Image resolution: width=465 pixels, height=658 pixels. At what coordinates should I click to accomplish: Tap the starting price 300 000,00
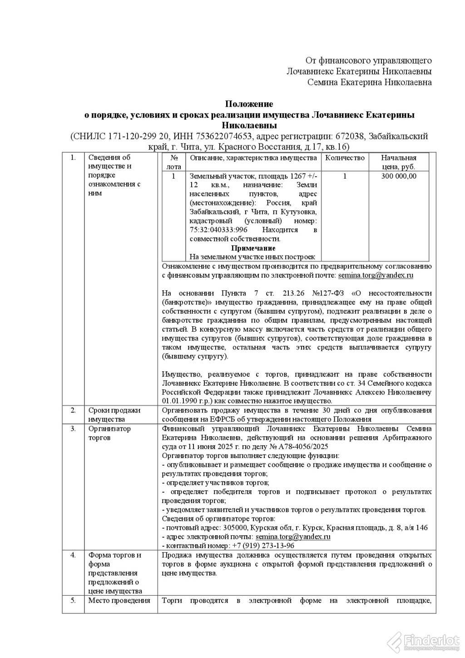[398, 176]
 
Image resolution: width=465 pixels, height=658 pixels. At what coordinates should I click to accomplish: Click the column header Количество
[345, 158]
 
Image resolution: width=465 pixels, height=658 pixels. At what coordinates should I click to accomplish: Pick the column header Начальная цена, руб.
[398, 162]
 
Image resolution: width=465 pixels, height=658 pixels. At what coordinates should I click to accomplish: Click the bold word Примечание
[253, 248]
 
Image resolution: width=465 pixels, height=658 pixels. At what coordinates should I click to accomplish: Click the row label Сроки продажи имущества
[114, 414]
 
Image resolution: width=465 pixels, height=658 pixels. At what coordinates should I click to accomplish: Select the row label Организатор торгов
[109, 433]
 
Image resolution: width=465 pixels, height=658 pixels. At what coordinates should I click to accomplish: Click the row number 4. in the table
[73, 555]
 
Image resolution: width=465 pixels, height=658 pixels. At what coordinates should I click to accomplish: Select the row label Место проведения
[119, 600]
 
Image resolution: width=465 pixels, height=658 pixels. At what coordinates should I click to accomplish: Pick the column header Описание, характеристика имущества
[253, 158]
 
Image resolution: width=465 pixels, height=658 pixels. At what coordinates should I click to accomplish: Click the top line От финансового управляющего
[368, 60]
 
